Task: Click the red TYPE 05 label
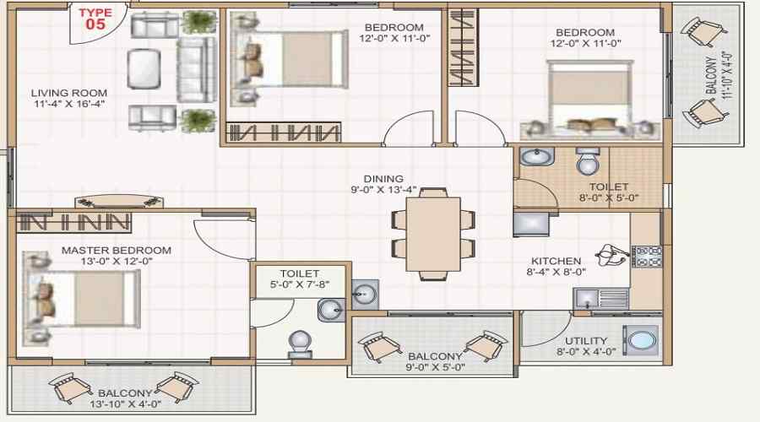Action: pyautogui.click(x=95, y=19)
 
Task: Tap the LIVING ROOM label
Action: pyautogui.click(x=69, y=93)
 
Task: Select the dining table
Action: pyautogui.click(x=433, y=234)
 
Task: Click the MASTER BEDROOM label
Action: pyautogui.click(x=117, y=251)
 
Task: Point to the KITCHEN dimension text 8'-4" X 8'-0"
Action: pyautogui.click(x=556, y=272)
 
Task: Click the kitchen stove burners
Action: pyautogui.click(x=647, y=257)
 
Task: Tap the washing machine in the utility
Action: pyautogui.click(x=641, y=340)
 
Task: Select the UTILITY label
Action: pyautogui.click(x=586, y=341)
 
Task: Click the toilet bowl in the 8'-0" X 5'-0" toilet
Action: pyautogui.click(x=588, y=161)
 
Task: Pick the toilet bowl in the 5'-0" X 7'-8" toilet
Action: pyautogui.click(x=300, y=344)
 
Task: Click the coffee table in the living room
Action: pyautogui.click(x=144, y=69)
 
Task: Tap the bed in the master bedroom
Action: pyautogui.click(x=82, y=297)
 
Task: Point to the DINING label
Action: pyautogui.click(x=383, y=179)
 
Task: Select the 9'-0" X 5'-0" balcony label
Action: pyautogui.click(x=435, y=361)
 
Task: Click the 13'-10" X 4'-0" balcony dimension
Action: pyautogui.click(x=125, y=403)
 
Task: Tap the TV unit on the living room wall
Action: pyautogui.click(x=119, y=201)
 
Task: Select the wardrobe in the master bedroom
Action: pyautogui.click(x=73, y=223)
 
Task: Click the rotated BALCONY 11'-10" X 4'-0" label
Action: pyautogui.click(x=719, y=76)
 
